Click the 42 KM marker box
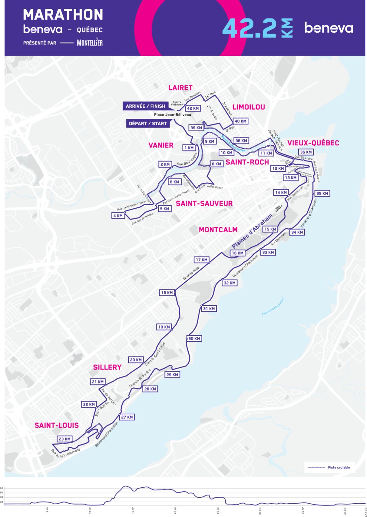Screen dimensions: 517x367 click(x=193, y=108)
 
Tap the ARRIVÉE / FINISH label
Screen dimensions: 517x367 click(x=145, y=106)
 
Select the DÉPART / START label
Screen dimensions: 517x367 click(x=148, y=124)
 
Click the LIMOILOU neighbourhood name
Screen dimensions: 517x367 click(x=249, y=107)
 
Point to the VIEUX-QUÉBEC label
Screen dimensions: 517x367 click(x=313, y=143)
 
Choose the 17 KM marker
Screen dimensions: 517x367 click(x=202, y=260)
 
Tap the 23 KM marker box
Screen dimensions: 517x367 click(x=64, y=439)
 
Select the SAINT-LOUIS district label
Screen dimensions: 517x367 click(x=57, y=425)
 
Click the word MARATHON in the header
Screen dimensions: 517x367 click(x=63, y=14)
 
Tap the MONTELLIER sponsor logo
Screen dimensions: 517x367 click(x=90, y=42)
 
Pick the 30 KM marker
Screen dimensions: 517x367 click(x=194, y=339)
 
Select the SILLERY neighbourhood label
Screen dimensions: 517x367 click(x=107, y=367)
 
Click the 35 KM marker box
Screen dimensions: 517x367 click(x=322, y=193)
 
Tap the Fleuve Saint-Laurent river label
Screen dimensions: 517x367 click(x=273, y=306)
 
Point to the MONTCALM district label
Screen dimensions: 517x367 click(x=218, y=230)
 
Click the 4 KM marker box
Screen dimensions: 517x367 click(x=118, y=216)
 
